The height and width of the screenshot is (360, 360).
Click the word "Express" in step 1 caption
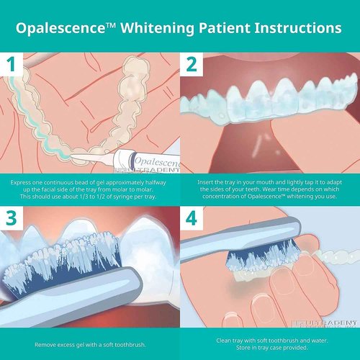tap(23, 183)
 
